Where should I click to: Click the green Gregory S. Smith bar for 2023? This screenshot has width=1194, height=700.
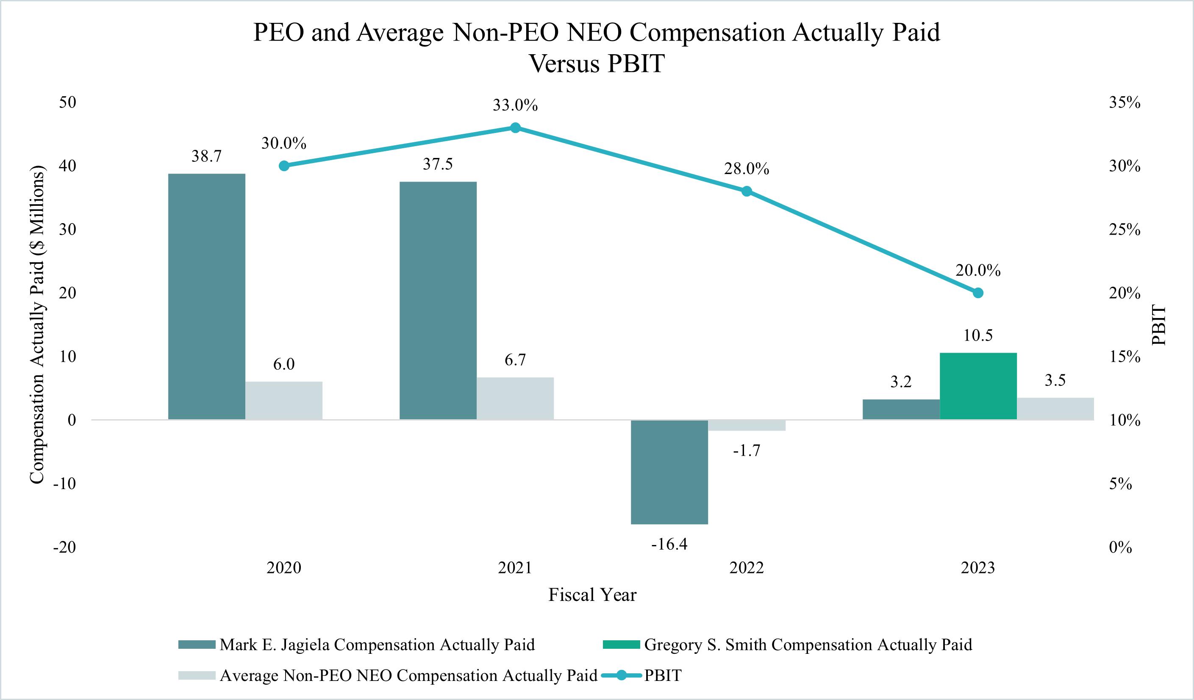tap(978, 386)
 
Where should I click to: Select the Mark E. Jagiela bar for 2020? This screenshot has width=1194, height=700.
tap(207, 296)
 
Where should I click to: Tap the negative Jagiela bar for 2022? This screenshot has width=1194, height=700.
tap(669, 472)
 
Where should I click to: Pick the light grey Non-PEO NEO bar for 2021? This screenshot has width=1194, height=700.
tap(515, 398)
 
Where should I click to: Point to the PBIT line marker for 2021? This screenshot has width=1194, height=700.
tap(516, 128)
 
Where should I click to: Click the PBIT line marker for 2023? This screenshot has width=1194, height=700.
tap(978, 293)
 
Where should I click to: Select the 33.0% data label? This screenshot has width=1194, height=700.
tap(515, 105)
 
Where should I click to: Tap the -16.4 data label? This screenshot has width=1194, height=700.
tap(669, 545)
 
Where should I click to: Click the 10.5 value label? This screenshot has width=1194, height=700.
tap(978, 335)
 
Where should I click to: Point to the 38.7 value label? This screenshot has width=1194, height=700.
tap(207, 156)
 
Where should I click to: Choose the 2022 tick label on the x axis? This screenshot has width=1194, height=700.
tap(746, 567)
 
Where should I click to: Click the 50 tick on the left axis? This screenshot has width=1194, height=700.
tap(67, 102)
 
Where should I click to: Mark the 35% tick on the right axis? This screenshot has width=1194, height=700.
tap(1125, 103)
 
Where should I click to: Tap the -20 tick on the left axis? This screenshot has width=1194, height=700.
tap(64, 548)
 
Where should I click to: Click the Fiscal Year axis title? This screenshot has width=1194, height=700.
tap(592, 595)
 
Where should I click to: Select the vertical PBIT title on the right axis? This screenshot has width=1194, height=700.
tap(1158, 325)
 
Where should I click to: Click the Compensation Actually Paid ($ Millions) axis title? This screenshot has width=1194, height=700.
tap(37, 325)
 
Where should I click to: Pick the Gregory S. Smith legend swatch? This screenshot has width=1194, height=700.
tap(621, 645)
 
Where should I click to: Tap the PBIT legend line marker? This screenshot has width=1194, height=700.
tap(621, 675)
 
